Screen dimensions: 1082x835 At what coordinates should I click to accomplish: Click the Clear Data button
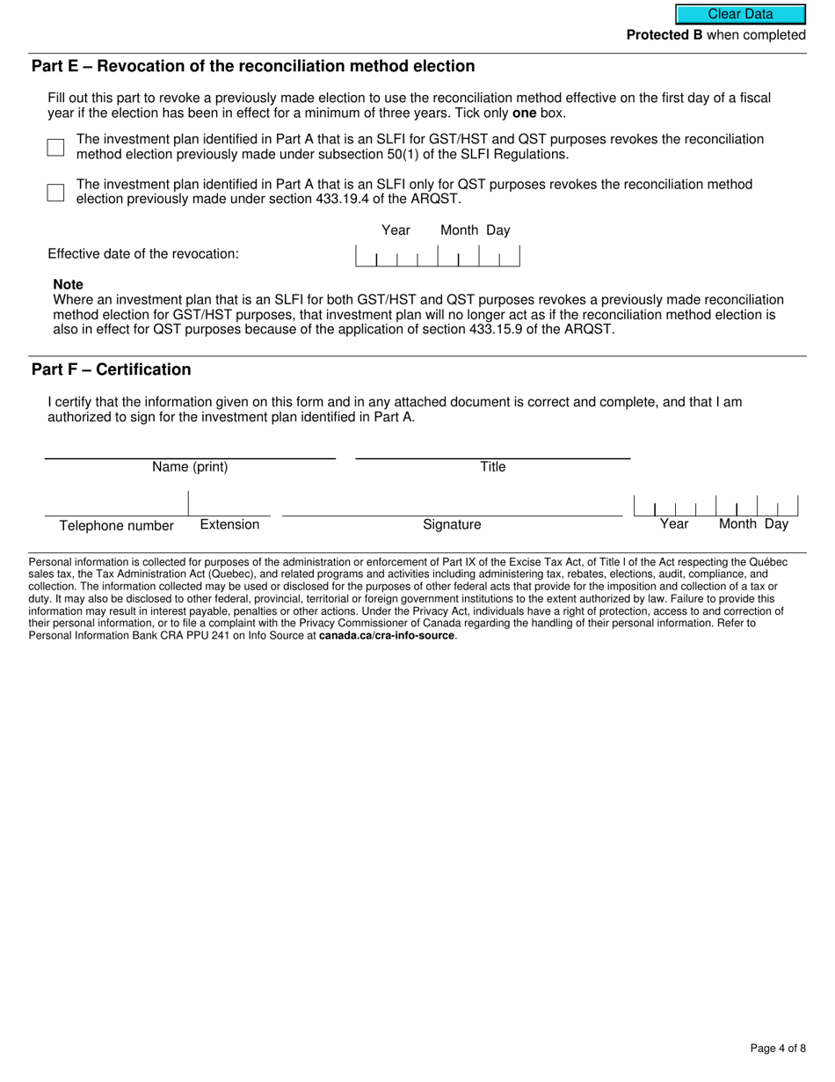tap(740, 14)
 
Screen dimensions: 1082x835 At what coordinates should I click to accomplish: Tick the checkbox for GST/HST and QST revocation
tap(55, 147)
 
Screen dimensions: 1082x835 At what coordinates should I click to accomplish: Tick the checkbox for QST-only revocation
tap(55, 193)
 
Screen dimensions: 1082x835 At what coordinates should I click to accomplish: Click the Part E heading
tap(253, 67)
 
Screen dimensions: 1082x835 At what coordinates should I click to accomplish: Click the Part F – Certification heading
tap(111, 369)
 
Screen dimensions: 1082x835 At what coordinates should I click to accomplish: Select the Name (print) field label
tap(190, 467)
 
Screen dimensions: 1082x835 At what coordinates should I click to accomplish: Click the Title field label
tap(493, 467)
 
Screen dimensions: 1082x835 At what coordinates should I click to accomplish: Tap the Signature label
tap(452, 524)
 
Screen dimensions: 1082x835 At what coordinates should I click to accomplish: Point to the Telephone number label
tap(116, 526)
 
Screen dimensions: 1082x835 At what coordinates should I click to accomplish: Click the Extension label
tap(229, 524)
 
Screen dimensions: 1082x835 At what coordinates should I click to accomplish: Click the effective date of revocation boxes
tap(437, 256)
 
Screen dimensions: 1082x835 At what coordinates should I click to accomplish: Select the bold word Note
tap(68, 285)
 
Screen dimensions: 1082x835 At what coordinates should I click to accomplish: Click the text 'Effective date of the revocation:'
tap(143, 254)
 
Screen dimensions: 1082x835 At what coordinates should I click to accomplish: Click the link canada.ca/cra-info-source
tap(387, 635)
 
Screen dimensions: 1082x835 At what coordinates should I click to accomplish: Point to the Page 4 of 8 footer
tap(778, 1048)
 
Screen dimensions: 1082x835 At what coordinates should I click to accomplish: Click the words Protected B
tap(664, 35)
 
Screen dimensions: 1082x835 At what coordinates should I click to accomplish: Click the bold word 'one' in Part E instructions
tap(524, 113)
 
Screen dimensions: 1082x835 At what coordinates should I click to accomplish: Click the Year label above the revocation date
tap(396, 230)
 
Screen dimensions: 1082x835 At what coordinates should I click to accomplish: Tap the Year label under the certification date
tap(674, 524)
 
